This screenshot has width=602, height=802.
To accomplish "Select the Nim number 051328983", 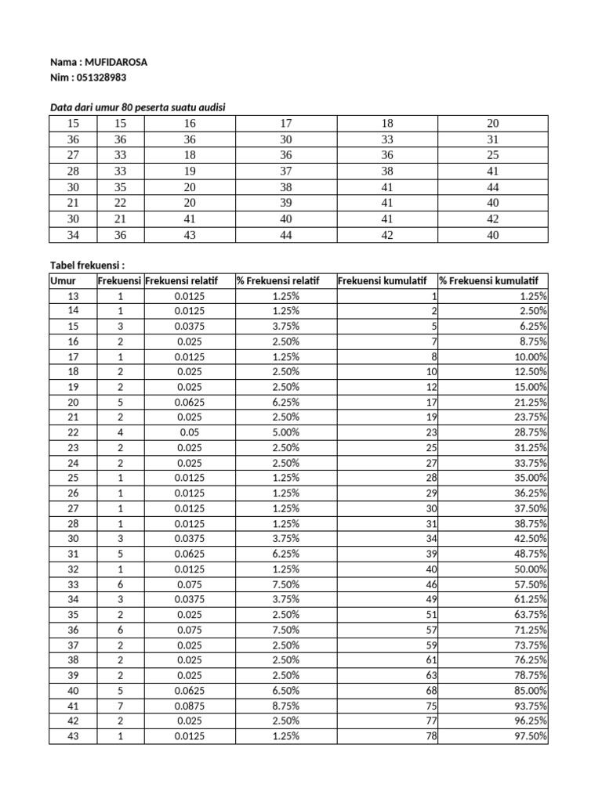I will coord(100,78).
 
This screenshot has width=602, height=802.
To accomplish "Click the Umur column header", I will coord(62,281).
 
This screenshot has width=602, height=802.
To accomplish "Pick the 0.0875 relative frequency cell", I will coord(190,706).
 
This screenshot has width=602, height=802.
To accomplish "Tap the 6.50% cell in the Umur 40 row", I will coord(285,690).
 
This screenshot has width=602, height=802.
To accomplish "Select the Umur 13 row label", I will coord(74,296).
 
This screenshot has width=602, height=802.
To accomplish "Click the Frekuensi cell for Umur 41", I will coord(120,706).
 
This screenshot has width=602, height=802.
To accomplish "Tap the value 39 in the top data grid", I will coord(285,203).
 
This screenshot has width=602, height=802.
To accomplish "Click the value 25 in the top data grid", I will coord(492,155).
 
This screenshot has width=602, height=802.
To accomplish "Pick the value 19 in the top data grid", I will coord(190,171).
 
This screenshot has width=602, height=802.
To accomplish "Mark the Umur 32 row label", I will coord(74,569).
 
